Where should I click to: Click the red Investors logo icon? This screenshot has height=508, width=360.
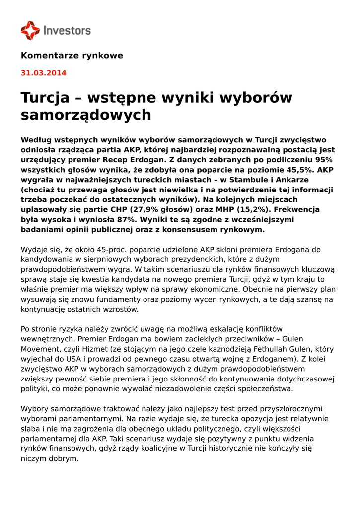tap(30, 30)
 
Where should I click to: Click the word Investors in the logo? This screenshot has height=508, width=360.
tap(67, 31)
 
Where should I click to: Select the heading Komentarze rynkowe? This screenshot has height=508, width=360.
tap(72, 55)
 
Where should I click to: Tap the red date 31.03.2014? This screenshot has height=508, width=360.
tap(43, 73)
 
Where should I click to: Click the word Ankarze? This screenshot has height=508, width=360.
tap(290, 179)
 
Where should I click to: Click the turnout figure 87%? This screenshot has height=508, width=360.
tap(129, 219)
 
